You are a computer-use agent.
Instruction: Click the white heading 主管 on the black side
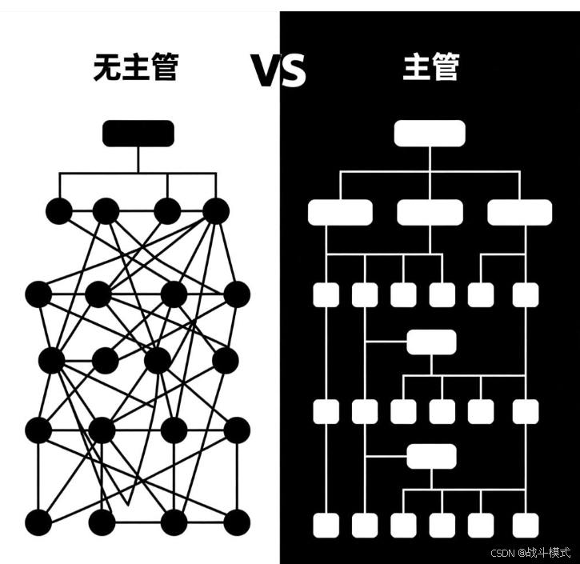[x=430, y=69]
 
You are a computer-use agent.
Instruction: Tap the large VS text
[x=279, y=70]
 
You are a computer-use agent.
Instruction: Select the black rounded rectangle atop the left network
[x=138, y=134]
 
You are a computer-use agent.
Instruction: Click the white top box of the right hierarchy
[x=429, y=134]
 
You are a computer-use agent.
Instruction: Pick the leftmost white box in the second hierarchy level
[x=340, y=212]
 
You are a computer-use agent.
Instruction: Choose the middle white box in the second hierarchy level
[x=430, y=212]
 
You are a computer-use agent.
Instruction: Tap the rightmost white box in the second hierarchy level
[x=519, y=212]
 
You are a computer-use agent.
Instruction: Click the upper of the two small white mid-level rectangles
[x=431, y=342]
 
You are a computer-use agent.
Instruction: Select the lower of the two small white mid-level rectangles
[x=431, y=456]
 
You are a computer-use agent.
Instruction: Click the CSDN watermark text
[x=530, y=552]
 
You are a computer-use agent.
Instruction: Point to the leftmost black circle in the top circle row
[x=58, y=211]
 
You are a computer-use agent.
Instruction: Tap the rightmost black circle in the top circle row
[x=216, y=211]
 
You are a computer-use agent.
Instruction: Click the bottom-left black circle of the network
[x=38, y=522]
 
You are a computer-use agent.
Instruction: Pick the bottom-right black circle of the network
[x=236, y=522]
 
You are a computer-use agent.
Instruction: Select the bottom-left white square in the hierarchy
[x=326, y=525]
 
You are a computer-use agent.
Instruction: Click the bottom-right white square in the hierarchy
[x=526, y=525]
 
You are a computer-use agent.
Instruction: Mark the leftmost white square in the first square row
[x=326, y=294]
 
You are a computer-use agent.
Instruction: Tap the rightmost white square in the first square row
[x=526, y=294]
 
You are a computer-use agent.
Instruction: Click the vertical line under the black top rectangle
[x=138, y=160]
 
